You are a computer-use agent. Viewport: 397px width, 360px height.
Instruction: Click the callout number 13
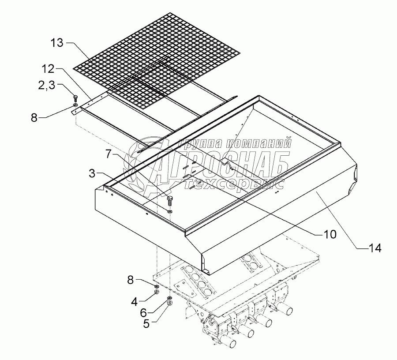point(57,43)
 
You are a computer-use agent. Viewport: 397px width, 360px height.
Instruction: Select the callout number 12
point(49,69)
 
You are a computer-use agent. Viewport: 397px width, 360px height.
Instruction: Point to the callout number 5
point(146,323)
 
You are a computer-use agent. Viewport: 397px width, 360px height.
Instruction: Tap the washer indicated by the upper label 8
point(76,105)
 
